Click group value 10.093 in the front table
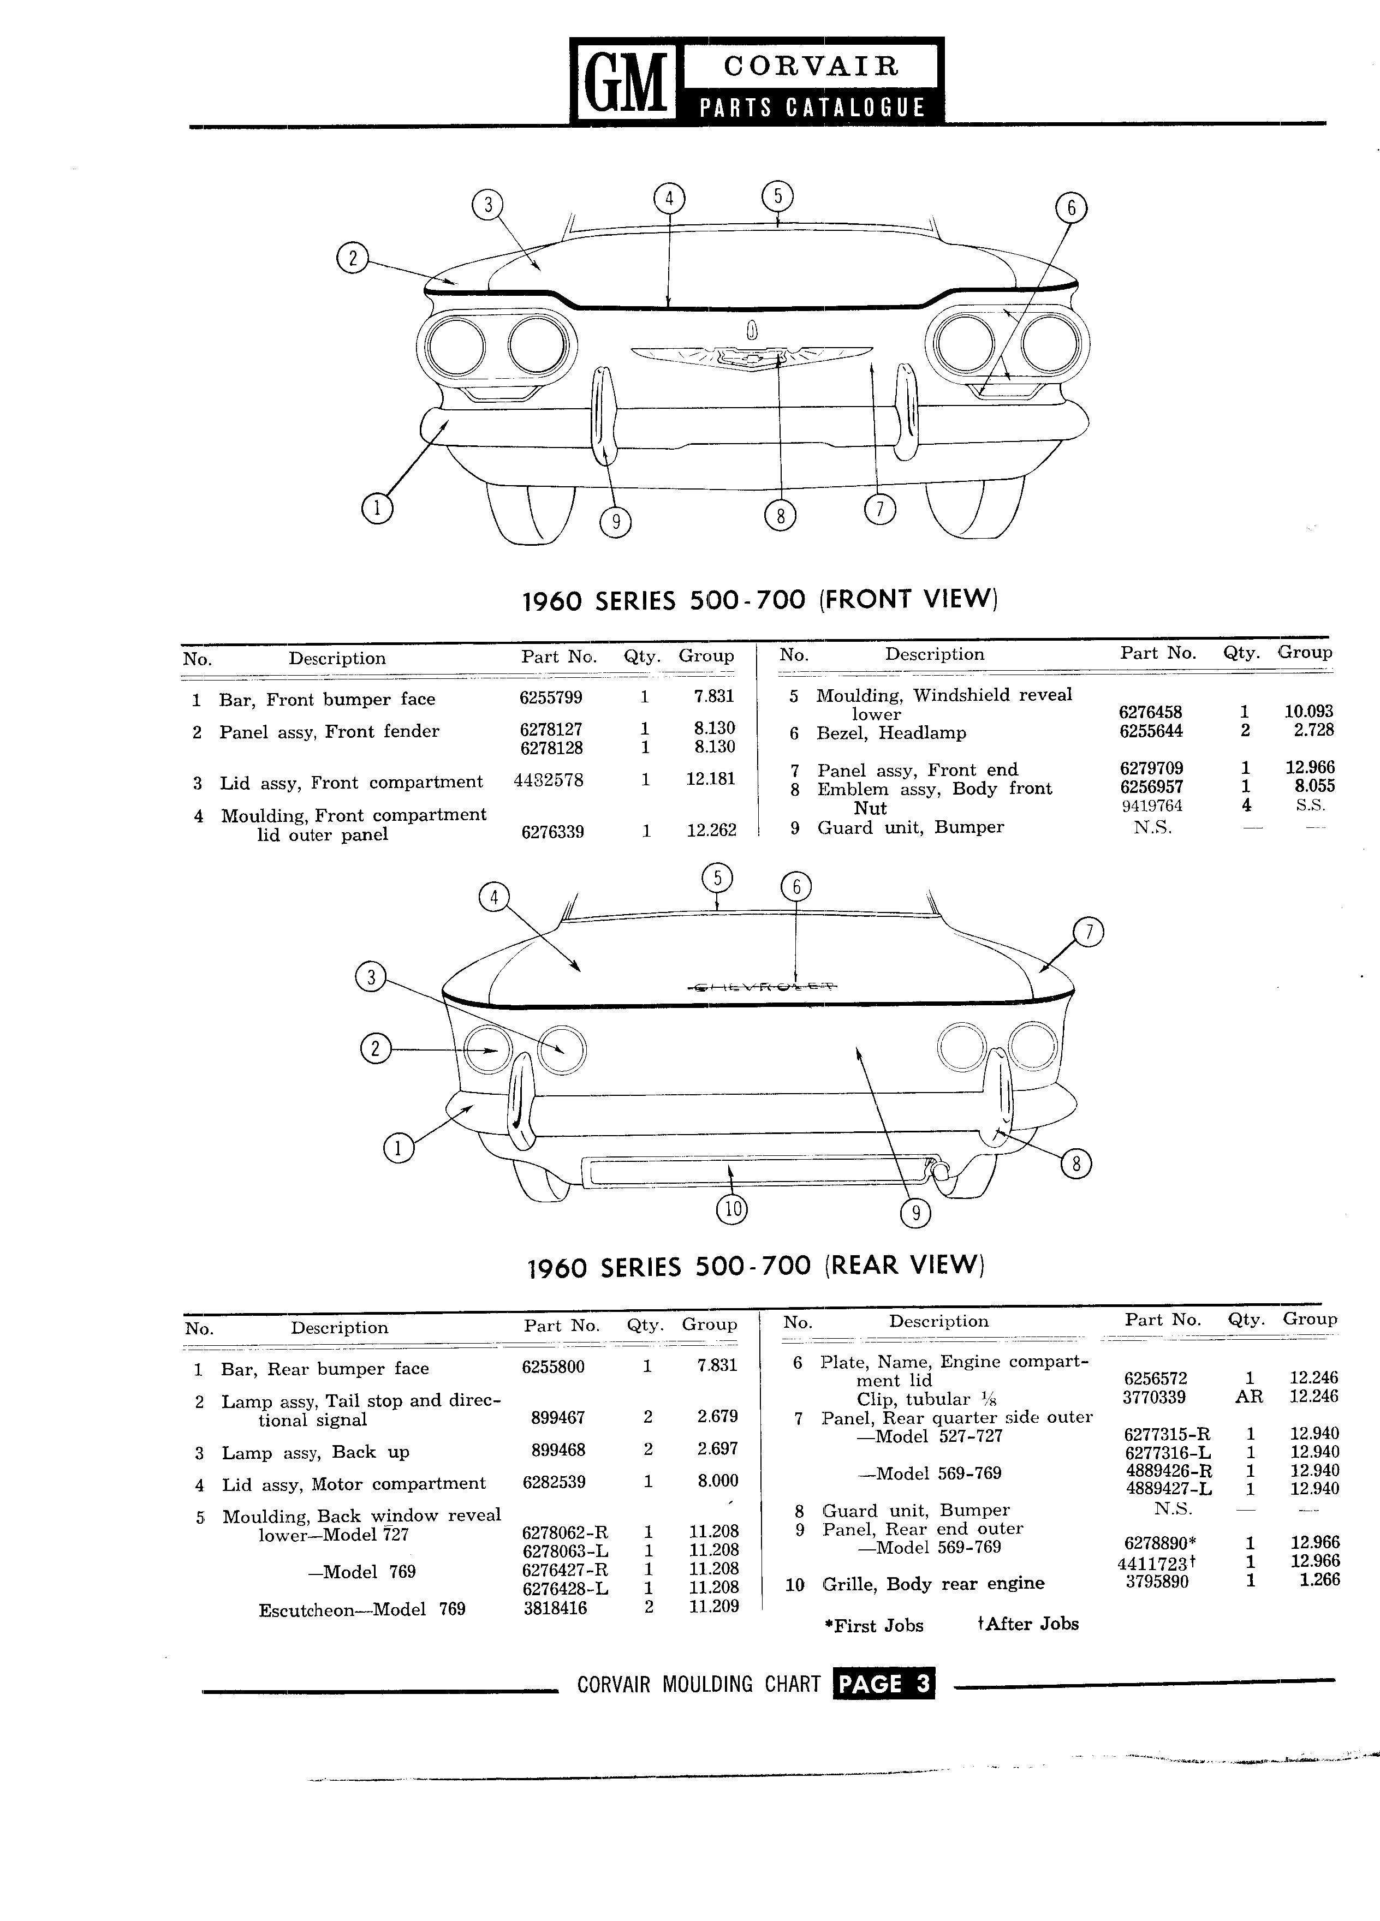1309,712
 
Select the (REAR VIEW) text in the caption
904,1266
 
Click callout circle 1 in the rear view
398,1149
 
